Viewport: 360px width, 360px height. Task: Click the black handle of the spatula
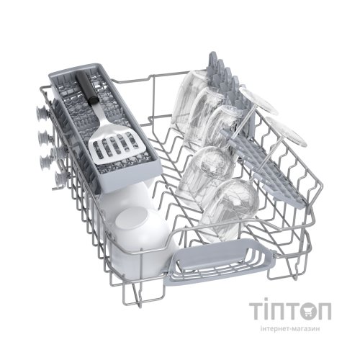(x=85, y=89)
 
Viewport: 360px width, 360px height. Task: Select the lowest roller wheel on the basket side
(x=60, y=179)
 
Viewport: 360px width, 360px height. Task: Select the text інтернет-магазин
(x=290, y=328)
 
